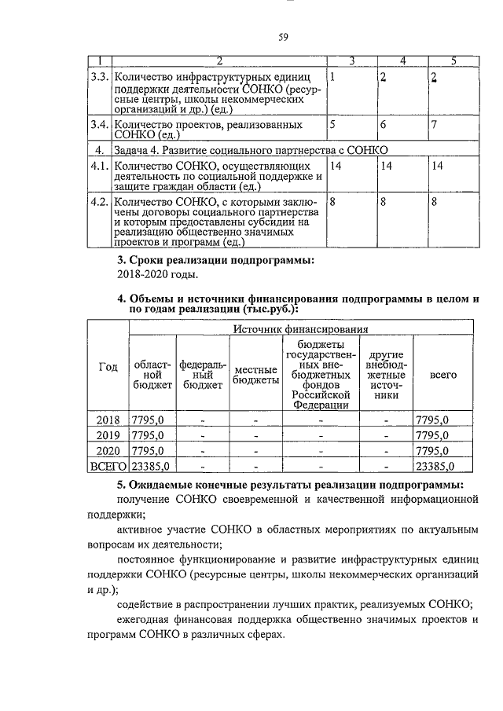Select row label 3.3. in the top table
pos(98,77)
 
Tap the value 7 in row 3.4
pos(433,125)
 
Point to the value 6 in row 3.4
pos(383,125)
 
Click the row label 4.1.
pos(98,166)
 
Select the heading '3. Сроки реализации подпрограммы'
pos(215,260)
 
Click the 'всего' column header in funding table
pos(442,375)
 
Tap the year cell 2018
pos(108,420)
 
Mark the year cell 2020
pos(108,451)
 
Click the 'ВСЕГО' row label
pos(108,467)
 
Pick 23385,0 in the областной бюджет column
pos(149,467)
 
